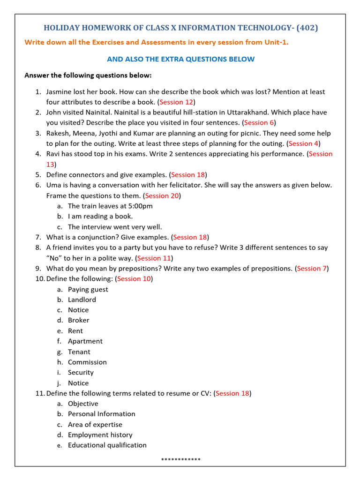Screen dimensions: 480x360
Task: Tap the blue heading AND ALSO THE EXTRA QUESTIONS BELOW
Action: pos(180,59)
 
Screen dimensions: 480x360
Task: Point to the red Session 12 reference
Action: pos(176,102)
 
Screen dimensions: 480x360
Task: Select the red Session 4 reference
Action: pos(304,143)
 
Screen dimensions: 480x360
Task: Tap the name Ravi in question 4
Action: pos(54,154)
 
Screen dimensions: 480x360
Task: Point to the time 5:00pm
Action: pos(138,206)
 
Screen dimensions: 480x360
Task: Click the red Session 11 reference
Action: pos(154,258)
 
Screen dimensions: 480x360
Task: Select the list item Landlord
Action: pos(82,300)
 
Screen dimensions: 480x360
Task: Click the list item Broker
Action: pos(78,320)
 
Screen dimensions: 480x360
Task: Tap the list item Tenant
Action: pos(79,352)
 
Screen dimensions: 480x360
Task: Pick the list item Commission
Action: pos(87,362)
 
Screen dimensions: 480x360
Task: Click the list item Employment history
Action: pos(100,435)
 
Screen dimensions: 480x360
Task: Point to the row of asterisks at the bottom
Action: pos(180,459)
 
